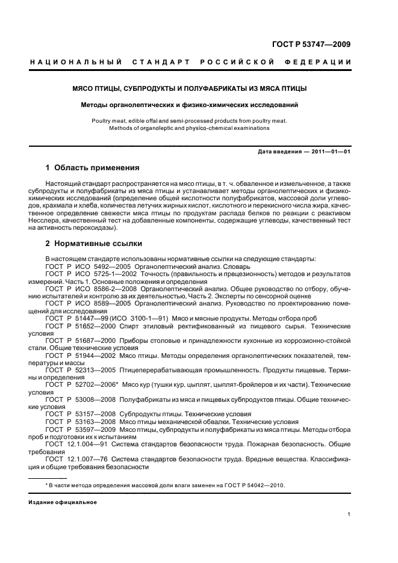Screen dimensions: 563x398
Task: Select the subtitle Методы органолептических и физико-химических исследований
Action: [x=190, y=105]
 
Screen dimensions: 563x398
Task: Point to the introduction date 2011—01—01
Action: [x=330, y=151]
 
